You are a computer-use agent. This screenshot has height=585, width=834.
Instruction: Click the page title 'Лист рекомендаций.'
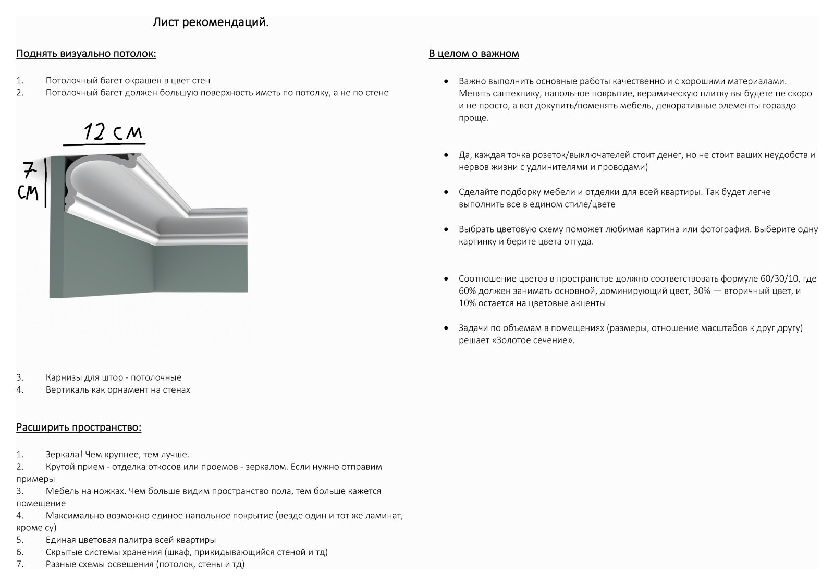211,23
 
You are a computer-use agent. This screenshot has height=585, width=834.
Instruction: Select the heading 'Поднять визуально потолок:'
86,54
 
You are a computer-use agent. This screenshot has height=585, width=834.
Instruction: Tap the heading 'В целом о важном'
473,54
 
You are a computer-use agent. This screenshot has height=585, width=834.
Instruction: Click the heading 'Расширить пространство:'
79,428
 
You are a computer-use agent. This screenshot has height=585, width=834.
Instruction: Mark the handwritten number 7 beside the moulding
29,169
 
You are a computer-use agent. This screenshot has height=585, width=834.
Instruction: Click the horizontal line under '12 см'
104,143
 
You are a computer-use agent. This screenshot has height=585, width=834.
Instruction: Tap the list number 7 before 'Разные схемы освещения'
20,564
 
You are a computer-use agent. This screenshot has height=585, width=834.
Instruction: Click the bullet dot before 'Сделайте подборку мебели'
446,192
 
